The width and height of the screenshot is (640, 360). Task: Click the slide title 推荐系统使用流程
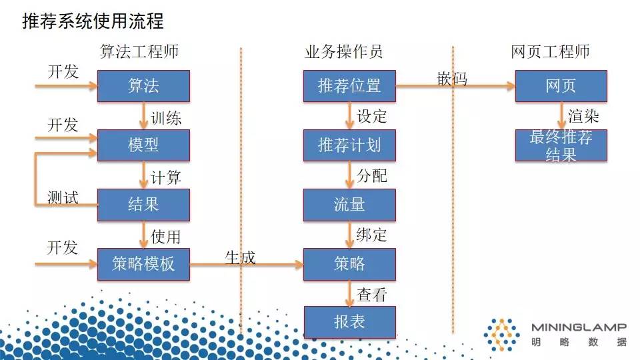tap(93, 21)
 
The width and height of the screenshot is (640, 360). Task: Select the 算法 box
tap(143, 86)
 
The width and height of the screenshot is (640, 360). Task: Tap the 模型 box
tap(143, 145)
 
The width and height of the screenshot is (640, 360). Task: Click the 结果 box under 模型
tap(143, 205)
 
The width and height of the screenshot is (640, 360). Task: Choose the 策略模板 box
tap(143, 264)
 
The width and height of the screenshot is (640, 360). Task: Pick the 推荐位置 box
tap(349, 86)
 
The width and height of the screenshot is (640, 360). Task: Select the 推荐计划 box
tap(349, 145)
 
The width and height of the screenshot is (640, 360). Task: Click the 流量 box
tap(349, 205)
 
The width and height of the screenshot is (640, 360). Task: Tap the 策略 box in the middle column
tap(349, 264)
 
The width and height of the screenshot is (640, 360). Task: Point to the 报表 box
tap(349, 322)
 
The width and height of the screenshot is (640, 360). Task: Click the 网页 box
tap(561, 86)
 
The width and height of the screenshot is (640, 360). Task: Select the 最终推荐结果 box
tap(561, 145)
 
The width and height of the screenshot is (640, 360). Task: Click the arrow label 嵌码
tap(452, 79)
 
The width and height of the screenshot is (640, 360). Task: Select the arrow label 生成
tap(240, 257)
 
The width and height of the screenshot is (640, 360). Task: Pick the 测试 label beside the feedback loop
tap(63, 197)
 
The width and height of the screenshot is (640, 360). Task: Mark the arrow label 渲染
tap(583, 117)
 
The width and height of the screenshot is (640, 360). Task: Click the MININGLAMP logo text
tap(579, 327)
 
